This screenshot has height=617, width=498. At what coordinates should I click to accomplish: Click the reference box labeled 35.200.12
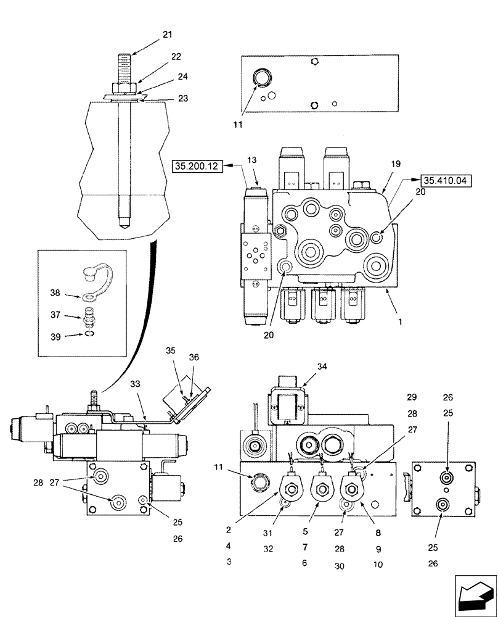[x=198, y=166]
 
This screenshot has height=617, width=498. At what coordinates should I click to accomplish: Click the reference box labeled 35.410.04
[x=444, y=180]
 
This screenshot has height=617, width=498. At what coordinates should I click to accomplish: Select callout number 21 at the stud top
[x=168, y=35]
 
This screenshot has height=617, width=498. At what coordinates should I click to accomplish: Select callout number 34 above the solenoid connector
[x=322, y=366]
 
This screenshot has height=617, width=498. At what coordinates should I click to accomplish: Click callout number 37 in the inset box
[x=56, y=315]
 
